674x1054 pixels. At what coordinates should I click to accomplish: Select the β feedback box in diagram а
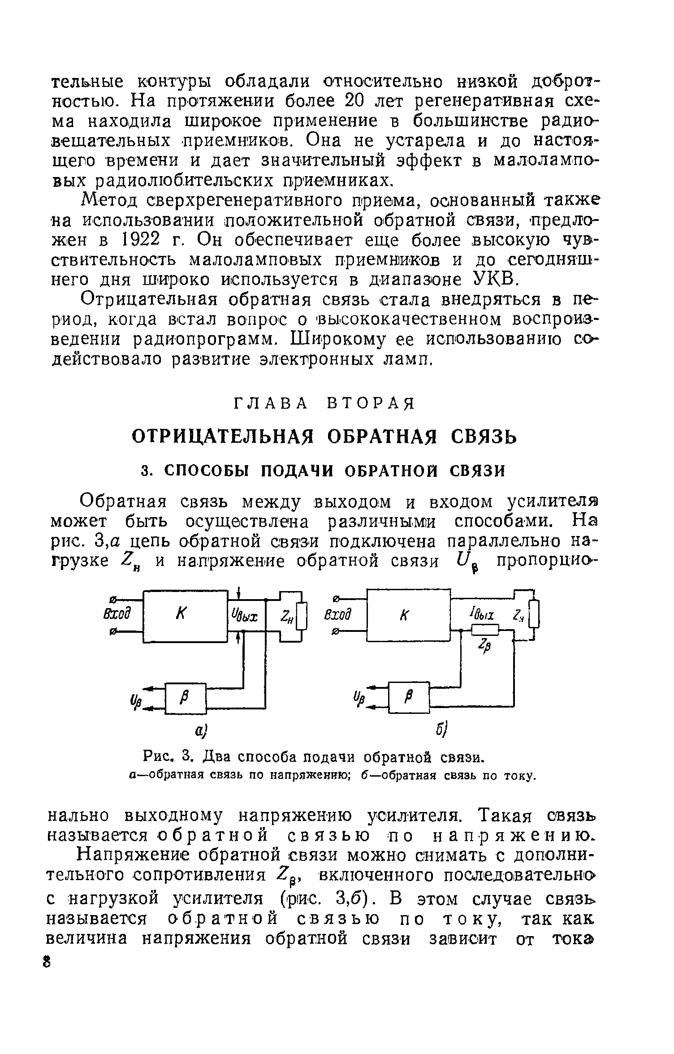click(186, 698)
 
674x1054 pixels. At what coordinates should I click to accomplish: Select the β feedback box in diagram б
click(409, 697)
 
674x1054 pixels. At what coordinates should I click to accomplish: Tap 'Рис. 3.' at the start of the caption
click(168, 758)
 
